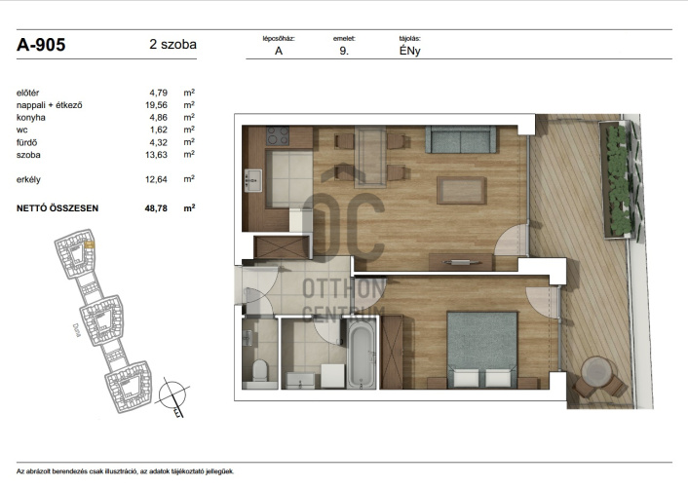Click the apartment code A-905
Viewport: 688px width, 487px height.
[x=41, y=45]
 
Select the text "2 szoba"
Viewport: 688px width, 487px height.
[x=172, y=44]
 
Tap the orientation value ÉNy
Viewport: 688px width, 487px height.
[x=410, y=51]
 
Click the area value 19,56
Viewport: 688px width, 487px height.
[x=156, y=105]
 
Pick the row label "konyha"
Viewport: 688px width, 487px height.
[x=31, y=118]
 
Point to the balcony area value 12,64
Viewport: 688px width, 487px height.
[x=156, y=179]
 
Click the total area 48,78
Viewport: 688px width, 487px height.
[x=156, y=208]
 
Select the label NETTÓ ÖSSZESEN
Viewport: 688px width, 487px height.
[x=57, y=208]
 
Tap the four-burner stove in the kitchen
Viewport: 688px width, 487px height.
[x=278, y=135]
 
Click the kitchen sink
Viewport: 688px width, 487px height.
[x=253, y=180]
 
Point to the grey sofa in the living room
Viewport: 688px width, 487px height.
[x=461, y=139]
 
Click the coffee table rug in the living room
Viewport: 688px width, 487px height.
[x=461, y=190]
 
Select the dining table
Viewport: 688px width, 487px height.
[x=370, y=157]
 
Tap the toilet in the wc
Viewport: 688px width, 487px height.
[x=260, y=370]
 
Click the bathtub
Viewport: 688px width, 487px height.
[x=362, y=355]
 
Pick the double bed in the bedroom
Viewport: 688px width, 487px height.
[x=481, y=350]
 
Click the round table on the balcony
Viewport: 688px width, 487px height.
[x=596, y=371]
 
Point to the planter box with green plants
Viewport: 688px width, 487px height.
[x=619, y=179]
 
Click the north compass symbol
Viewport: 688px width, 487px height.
[x=172, y=395]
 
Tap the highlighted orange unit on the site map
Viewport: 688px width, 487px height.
[x=89, y=244]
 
